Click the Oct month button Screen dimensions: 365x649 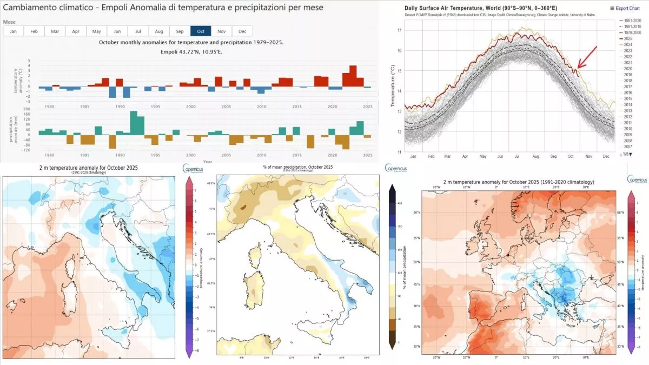click(x=201, y=31)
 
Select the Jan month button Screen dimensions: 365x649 click(x=13, y=31)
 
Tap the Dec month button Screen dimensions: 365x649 click(x=242, y=31)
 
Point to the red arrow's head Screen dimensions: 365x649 click(x=578, y=68)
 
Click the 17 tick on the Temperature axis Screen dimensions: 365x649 click(x=400, y=30)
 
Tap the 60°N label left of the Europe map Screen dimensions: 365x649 click(x=417, y=213)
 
